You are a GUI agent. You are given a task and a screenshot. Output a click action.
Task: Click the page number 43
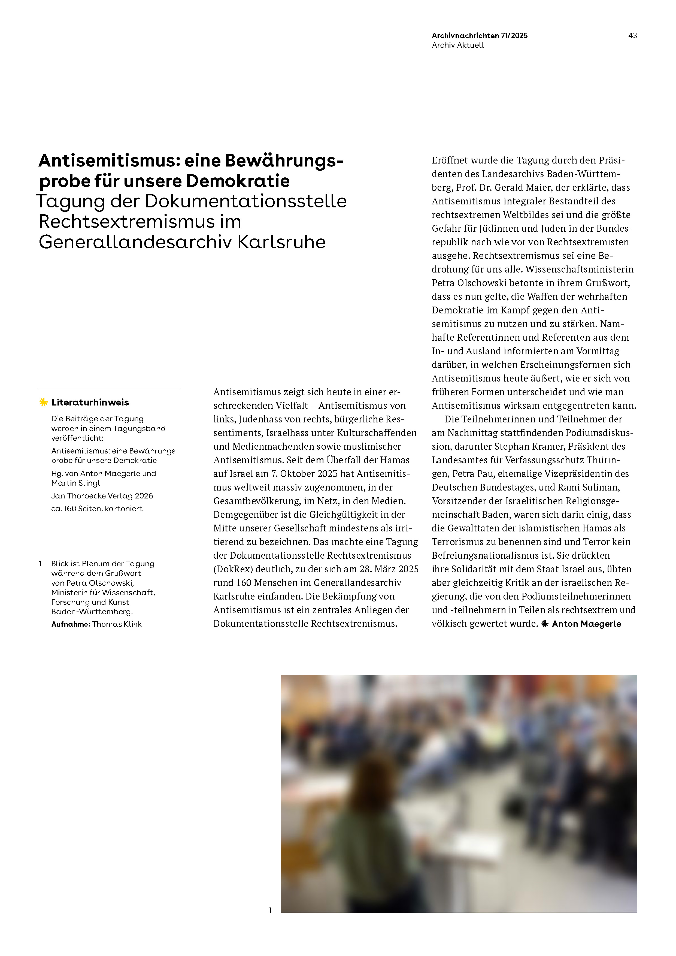(x=632, y=36)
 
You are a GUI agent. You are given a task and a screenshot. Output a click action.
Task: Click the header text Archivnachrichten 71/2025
(x=480, y=36)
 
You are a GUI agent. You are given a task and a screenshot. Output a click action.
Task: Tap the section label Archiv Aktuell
(x=458, y=46)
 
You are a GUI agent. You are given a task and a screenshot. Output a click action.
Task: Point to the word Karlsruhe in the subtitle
(x=281, y=242)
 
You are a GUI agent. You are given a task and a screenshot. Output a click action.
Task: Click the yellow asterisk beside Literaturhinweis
(x=43, y=402)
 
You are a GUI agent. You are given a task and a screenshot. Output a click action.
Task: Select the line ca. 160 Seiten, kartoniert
(x=97, y=509)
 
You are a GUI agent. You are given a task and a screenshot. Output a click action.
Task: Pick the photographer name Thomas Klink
(x=117, y=624)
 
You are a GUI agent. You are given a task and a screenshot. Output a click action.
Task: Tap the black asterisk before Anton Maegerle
(x=545, y=624)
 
